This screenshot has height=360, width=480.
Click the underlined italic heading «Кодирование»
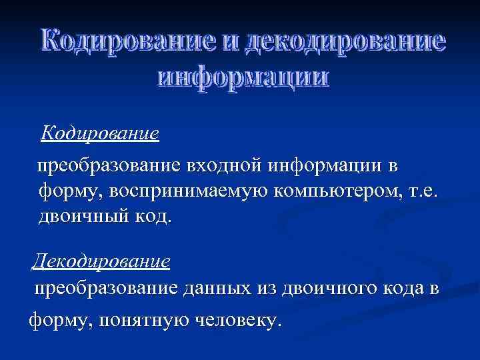pyautogui.click(x=99, y=133)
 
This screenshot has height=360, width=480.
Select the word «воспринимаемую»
pyautogui.click(x=177, y=191)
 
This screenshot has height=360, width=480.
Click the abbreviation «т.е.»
pyautogui.click(x=425, y=191)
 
